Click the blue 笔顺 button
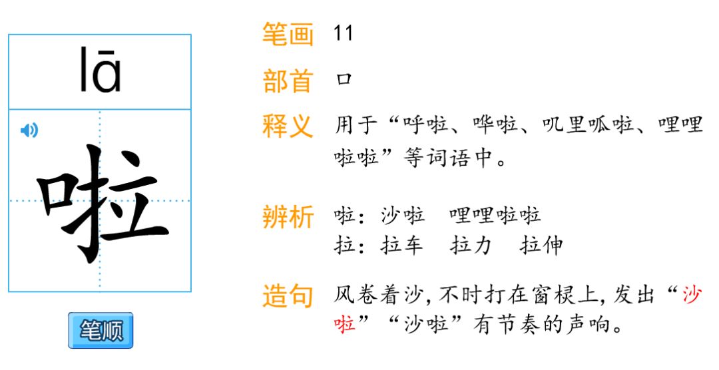[x=101, y=330]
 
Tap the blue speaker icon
[x=29, y=130]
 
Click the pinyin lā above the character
[x=100, y=70]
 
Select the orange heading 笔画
[x=287, y=34]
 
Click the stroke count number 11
[x=344, y=34]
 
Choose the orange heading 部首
[x=287, y=81]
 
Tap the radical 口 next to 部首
[x=344, y=81]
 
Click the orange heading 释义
[x=287, y=126]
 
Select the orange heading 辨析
[x=287, y=217]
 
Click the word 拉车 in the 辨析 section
[x=402, y=246]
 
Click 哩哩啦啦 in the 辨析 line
[x=495, y=216]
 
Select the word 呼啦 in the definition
[x=425, y=126]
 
